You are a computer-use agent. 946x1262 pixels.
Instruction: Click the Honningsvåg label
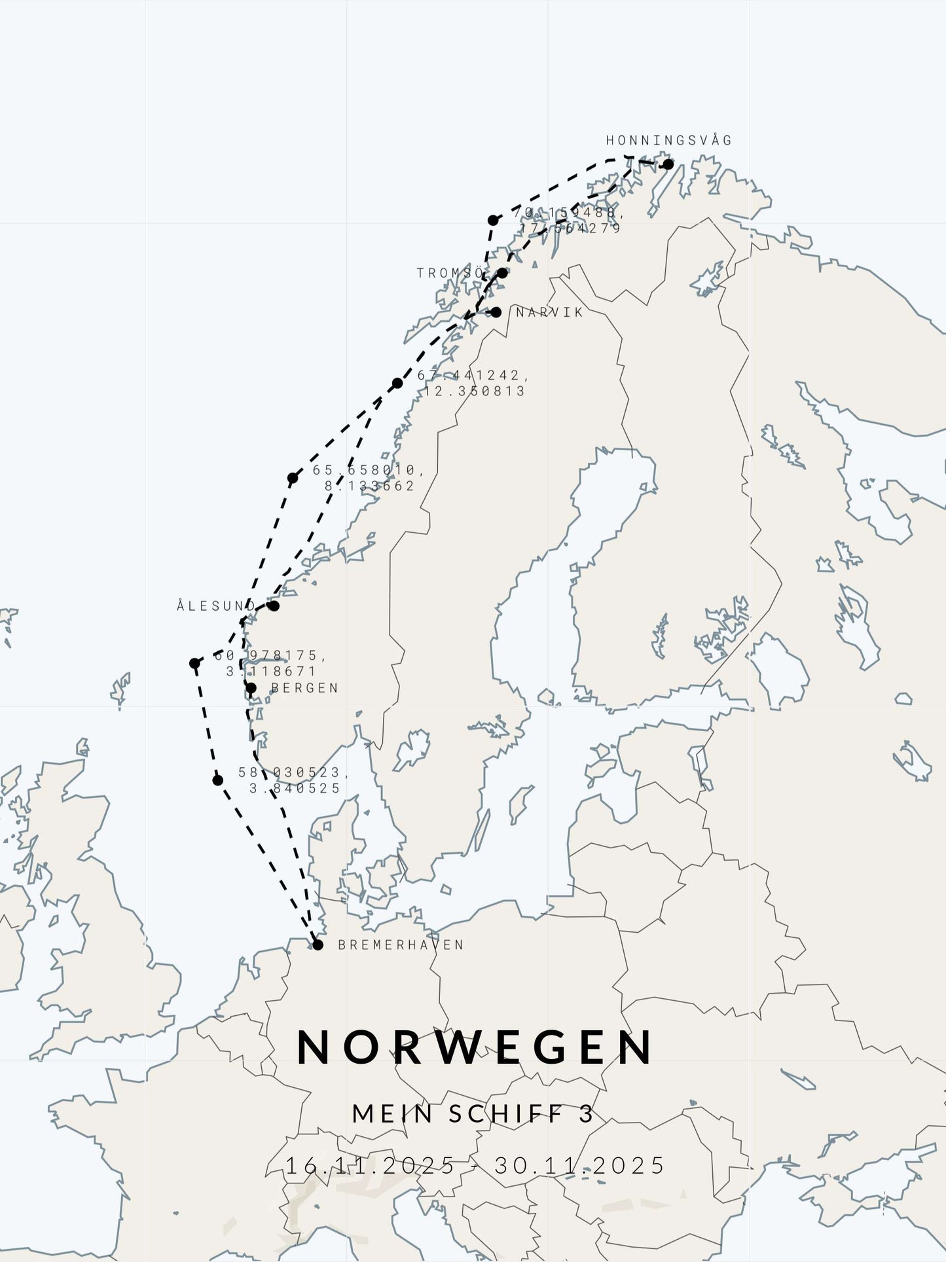pos(668,140)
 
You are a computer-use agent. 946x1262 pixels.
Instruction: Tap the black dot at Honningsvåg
pos(668,164)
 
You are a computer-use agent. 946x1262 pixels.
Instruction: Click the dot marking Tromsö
pos(502,273)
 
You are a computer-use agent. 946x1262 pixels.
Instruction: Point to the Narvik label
pos(549,312)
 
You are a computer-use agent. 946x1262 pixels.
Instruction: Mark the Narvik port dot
pos(496,312)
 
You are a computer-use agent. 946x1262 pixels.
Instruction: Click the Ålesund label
pos(215,606)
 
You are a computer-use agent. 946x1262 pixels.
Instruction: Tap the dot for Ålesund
pos(274,606)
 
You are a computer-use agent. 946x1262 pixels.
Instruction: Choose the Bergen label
pos(304,688)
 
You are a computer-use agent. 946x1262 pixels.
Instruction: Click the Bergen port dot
pos(251,688)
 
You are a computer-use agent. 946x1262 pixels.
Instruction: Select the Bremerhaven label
pos(401,945)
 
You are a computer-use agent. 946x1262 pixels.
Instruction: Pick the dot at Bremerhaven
pos(318,945)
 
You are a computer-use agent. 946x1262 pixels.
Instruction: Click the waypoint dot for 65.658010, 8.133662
pos(293,478)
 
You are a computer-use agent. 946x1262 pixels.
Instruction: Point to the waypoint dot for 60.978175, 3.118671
pos(194,664)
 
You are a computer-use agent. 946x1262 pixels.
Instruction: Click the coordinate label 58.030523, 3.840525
pos(294,780)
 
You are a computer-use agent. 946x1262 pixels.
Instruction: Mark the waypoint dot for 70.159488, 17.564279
pos(493,220)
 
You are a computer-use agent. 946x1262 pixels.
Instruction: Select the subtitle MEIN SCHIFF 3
pos(473,1113)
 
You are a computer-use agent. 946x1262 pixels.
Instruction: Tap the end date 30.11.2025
pos(579,1165)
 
